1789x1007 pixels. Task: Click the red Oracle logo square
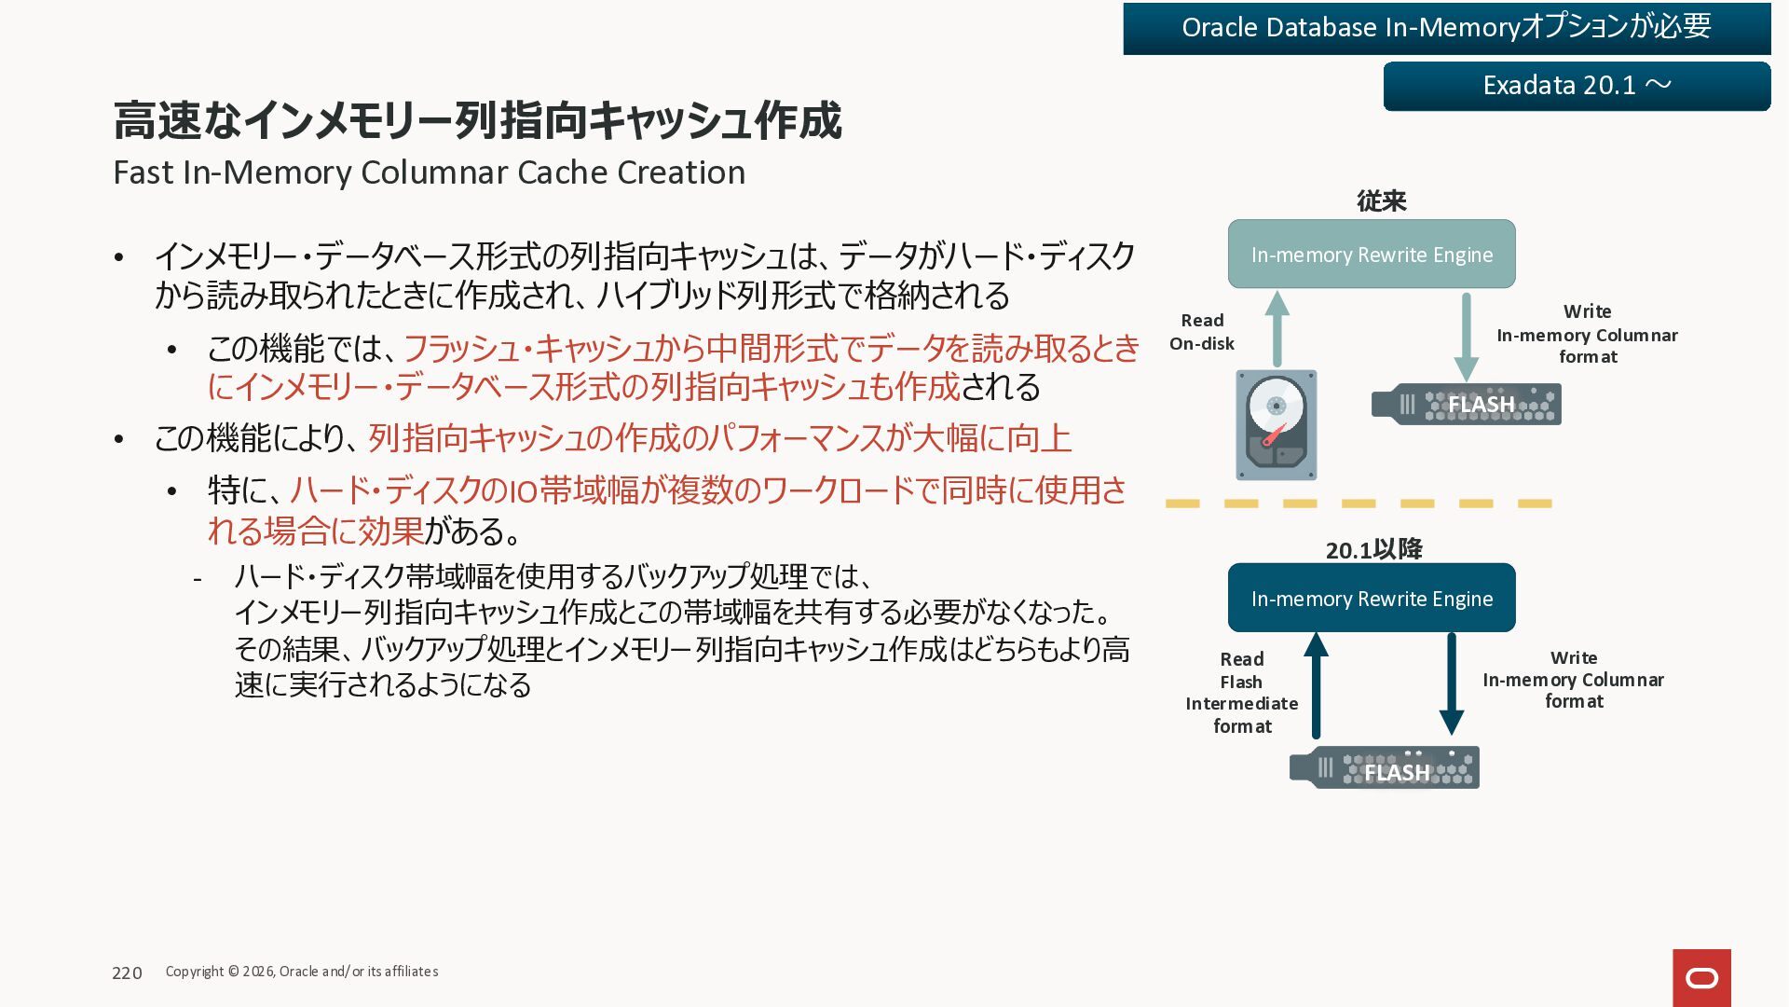pyautogui.click(x=1701, y=977)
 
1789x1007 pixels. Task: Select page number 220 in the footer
pyautogui.click(x=127, y=973)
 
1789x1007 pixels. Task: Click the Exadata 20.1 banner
pyautogui.click(x=1577, y=86)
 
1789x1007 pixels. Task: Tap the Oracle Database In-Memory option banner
pyautogui.click(x=1446, y=28)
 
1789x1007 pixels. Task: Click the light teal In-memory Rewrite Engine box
pyautogui.click(x=1372, y=255)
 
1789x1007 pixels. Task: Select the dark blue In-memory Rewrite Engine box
pyautogui.click(x=1372, y=599)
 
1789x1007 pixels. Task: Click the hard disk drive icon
pyautogui.click(x=1277, y=425)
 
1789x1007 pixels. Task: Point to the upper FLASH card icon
pyautogui.click(x=1467, y=405)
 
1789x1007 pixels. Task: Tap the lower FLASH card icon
pyautogui.click(x=1385, y=768)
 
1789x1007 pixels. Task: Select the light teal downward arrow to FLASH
pyautogui.click(x=1467, y=336)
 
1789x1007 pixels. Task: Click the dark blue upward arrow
pyautogui.click(x=1316, y=684)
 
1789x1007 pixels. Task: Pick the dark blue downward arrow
pyautogui.click(x=1452, y=683)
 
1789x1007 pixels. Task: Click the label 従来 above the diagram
pyautogui.click(x=1381, y=201)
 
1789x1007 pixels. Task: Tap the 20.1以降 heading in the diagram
pyautogui.click(x=1373, y=550)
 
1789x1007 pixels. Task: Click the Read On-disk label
pyautogui.click(x=1202, y=332)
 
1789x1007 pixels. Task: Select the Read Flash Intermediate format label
pyautogui.click(x=1242, y=693)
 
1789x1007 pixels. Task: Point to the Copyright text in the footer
pyautogui.click(x=302, y=972)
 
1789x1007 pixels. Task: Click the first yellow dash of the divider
pyautogui.click(x=1182, y=504)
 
